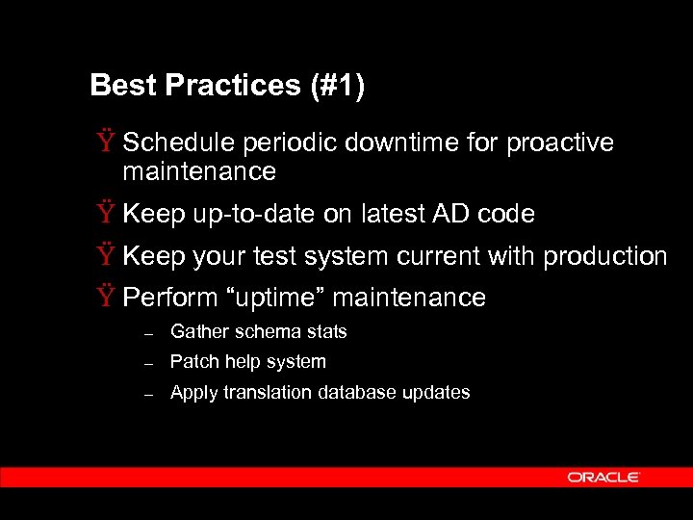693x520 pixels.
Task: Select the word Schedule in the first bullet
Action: pyautogui.click(x=179, y=143)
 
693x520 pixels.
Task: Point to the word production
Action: pyautogui.click(x=605, y=257)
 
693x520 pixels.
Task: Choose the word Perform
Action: pyautogui.click(x=169, y=298)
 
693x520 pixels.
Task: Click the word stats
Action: pyautogui.click(x=326, y=332)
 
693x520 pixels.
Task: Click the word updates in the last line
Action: pyautogui.click(x=439, y=393)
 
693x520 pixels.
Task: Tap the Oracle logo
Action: pyautogui.click(x=603, y=478)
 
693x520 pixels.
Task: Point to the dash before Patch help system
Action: pyautogui.click(x=148, y=364)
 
